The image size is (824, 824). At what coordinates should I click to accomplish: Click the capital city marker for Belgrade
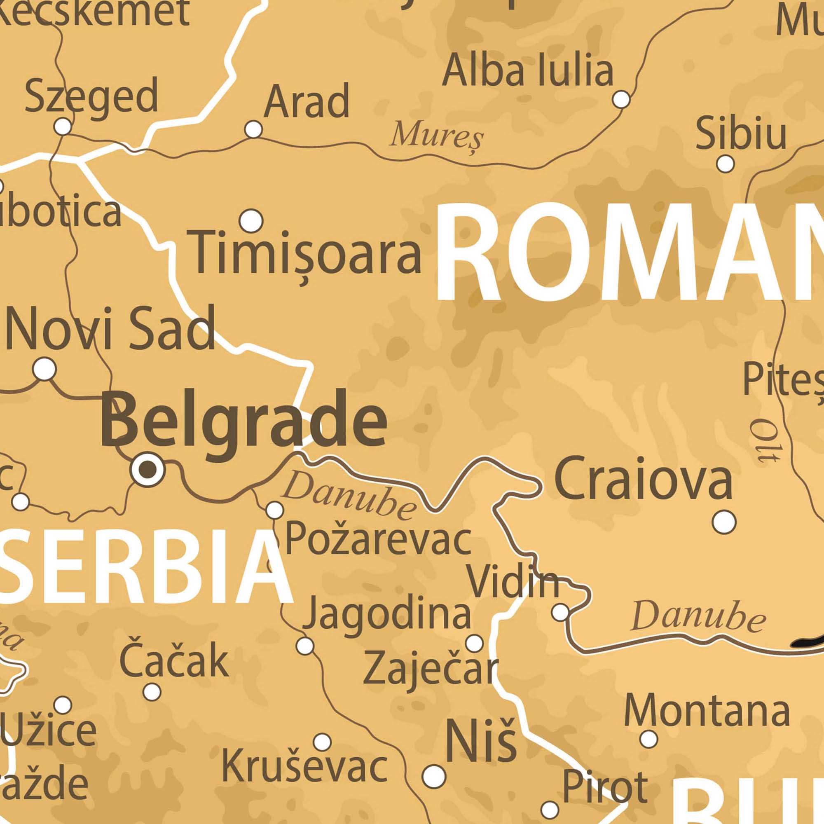(x=147, y=469)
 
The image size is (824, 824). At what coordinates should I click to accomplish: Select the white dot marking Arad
(x=253, y=129)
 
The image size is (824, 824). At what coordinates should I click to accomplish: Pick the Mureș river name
(x=437, y=135)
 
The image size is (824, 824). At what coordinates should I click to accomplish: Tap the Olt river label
(x=765, y=441)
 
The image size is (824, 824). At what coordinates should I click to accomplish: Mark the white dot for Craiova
(x=724, y=522)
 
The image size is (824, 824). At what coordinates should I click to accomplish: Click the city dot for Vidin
(x=560, y=613)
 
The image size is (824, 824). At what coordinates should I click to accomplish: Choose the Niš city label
(x=481, y=742)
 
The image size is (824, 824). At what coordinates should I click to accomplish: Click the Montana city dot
(x=649, y=739)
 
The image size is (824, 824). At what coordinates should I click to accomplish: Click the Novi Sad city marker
(x=44, y=369)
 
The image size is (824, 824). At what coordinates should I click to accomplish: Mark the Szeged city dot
(x=63, y=126)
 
